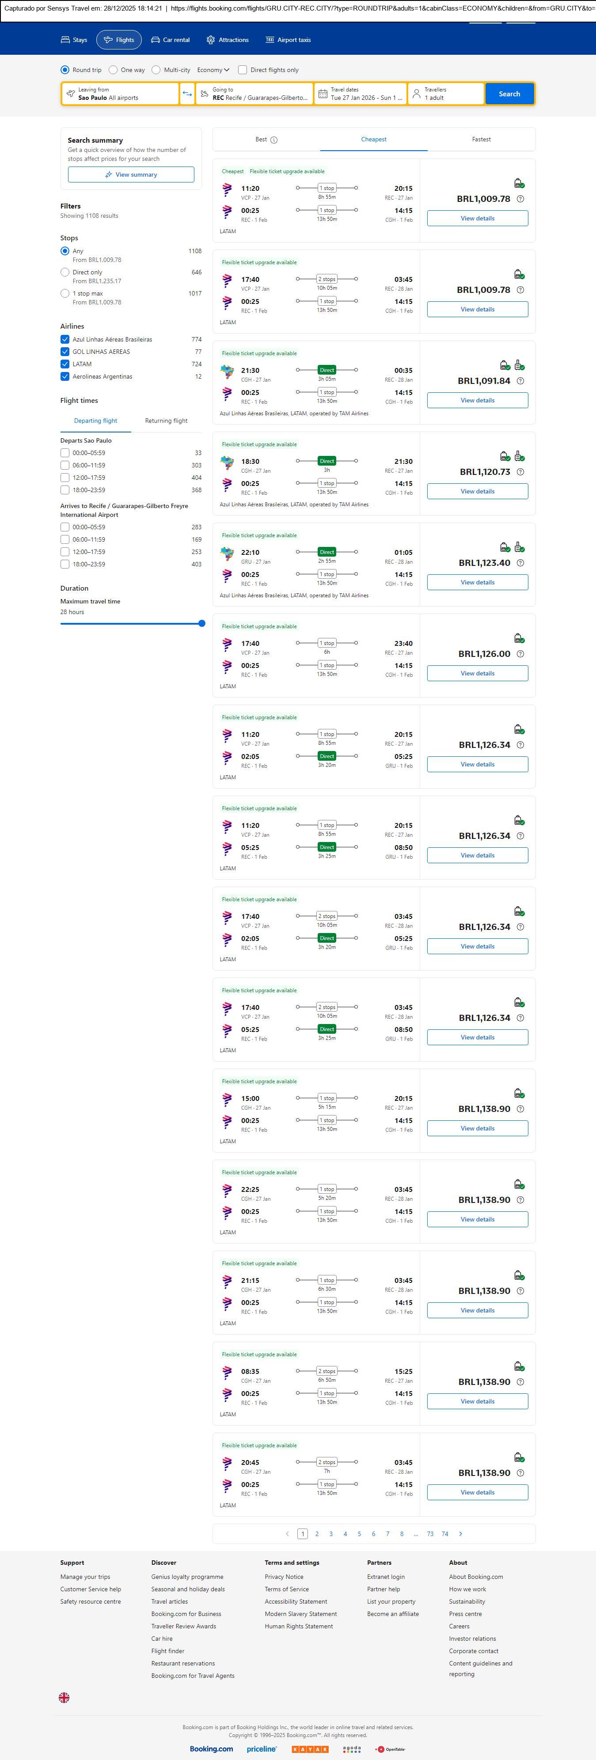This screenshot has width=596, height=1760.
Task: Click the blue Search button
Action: point(509,94)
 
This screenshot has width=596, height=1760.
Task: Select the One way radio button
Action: point(114,70)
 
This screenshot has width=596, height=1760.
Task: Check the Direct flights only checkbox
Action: point(243,70)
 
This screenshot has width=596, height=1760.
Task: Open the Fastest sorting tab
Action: point(481,140)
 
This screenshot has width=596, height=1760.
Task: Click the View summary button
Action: point(130,175)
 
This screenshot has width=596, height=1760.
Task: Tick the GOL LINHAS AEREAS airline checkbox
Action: point(65,352)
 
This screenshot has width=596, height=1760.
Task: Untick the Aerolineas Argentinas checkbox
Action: point(65,376)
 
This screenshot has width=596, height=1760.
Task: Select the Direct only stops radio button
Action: point(65,272)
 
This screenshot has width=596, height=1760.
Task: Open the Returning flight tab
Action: point(166,421)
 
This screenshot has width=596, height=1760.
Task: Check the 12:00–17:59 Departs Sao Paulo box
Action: point(65,478)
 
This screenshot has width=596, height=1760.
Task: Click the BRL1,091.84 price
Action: point(484,380)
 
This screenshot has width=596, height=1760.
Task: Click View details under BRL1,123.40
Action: point(477,582)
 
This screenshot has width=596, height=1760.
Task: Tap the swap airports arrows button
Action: point(187,94)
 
